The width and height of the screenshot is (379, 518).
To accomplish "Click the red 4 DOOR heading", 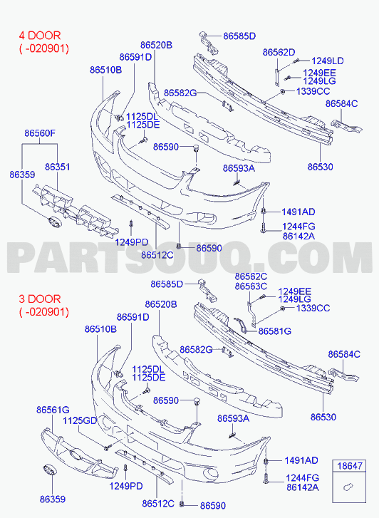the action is point(40,36).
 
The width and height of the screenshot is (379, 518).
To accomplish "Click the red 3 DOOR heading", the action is point(40,299).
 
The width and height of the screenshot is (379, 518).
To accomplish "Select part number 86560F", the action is point(40,133).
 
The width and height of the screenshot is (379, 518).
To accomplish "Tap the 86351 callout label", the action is point(58,167).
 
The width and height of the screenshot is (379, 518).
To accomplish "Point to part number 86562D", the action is point(279,52).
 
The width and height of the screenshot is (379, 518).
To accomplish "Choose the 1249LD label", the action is point(328,61).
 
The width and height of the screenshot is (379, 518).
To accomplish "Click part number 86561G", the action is point(53,410).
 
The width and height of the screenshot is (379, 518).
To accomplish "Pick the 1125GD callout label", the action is point(80,420).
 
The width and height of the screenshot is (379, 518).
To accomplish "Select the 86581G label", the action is point(274,331).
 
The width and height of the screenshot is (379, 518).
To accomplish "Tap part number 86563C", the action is point(251,286).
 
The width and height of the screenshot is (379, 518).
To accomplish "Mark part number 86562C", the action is point(251,276).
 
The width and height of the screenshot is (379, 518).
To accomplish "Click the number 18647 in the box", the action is point(350,466).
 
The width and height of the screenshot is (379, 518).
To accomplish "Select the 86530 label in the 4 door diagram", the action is point(320,167).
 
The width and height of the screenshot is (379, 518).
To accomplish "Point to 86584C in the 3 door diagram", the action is point(343,354).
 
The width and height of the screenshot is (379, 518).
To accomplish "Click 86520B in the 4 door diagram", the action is point(156,45).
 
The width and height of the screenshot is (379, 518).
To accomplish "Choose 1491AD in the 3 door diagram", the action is point(301,460).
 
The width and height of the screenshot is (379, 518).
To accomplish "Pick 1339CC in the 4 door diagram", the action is point(313,91).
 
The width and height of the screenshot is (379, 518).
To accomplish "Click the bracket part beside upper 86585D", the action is point(209,42).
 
